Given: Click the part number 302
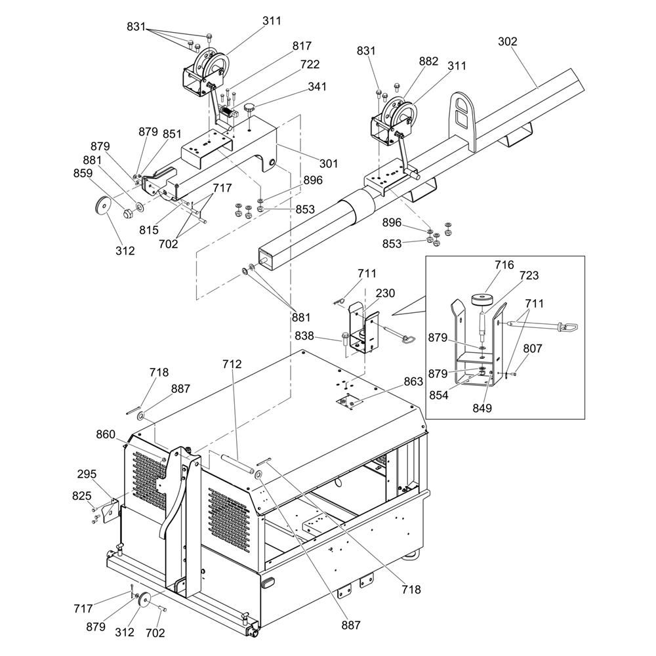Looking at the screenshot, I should (x=507, y=41).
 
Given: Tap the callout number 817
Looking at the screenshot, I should (x=302, y=46).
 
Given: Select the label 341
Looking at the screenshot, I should (x=317, y=86).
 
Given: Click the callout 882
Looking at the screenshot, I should (x=428, y=61).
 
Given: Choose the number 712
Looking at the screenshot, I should (x=232, y=364).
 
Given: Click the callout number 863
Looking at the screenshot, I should (x=413, y=380).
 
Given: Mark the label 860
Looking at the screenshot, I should (x=106, y=434).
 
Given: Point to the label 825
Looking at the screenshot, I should (x=82, y=495).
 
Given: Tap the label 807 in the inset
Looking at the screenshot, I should (x=533, y=349).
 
